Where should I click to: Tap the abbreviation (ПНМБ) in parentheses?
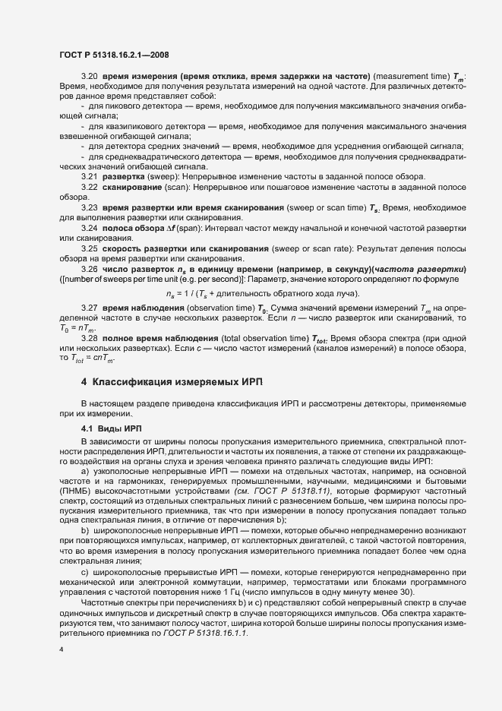[83, 490]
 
